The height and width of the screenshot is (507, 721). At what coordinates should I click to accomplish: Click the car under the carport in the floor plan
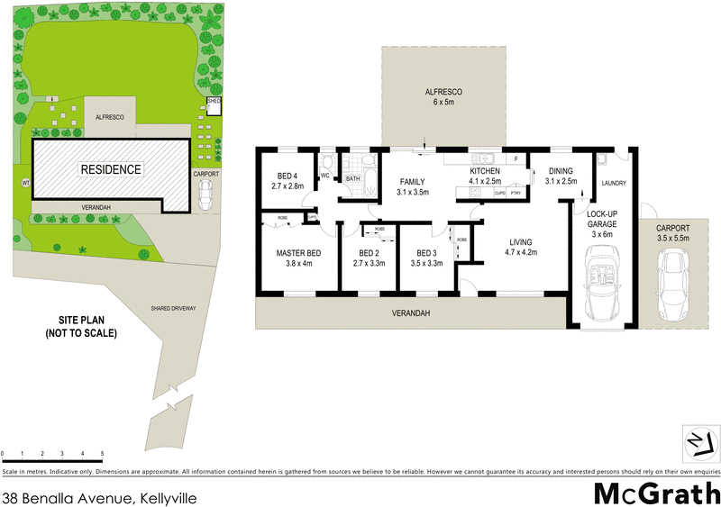[x=673, y=286]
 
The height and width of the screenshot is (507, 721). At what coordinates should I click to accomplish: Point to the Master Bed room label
[x=298, y=258]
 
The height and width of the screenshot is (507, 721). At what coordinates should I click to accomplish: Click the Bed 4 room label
[x=287, y=180]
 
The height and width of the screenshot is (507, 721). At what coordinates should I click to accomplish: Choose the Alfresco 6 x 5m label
[x=443, y=97]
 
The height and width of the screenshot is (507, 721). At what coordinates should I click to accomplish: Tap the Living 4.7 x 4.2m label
[x=520, y=248]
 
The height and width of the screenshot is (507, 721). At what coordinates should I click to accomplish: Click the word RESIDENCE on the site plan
[x=112, y=168]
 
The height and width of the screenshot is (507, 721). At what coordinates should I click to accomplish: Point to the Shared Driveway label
[x=174, y=309]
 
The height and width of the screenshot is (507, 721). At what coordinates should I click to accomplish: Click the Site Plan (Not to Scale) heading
[x=81, y=327]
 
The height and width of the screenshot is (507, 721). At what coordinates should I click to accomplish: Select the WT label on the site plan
[x=25, y=183]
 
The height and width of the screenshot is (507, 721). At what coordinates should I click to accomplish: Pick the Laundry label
[x=613, y=185]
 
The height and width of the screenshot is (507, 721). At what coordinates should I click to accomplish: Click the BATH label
[x=353, y=178]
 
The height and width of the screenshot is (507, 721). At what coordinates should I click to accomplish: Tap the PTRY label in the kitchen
[x=516, y=193]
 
